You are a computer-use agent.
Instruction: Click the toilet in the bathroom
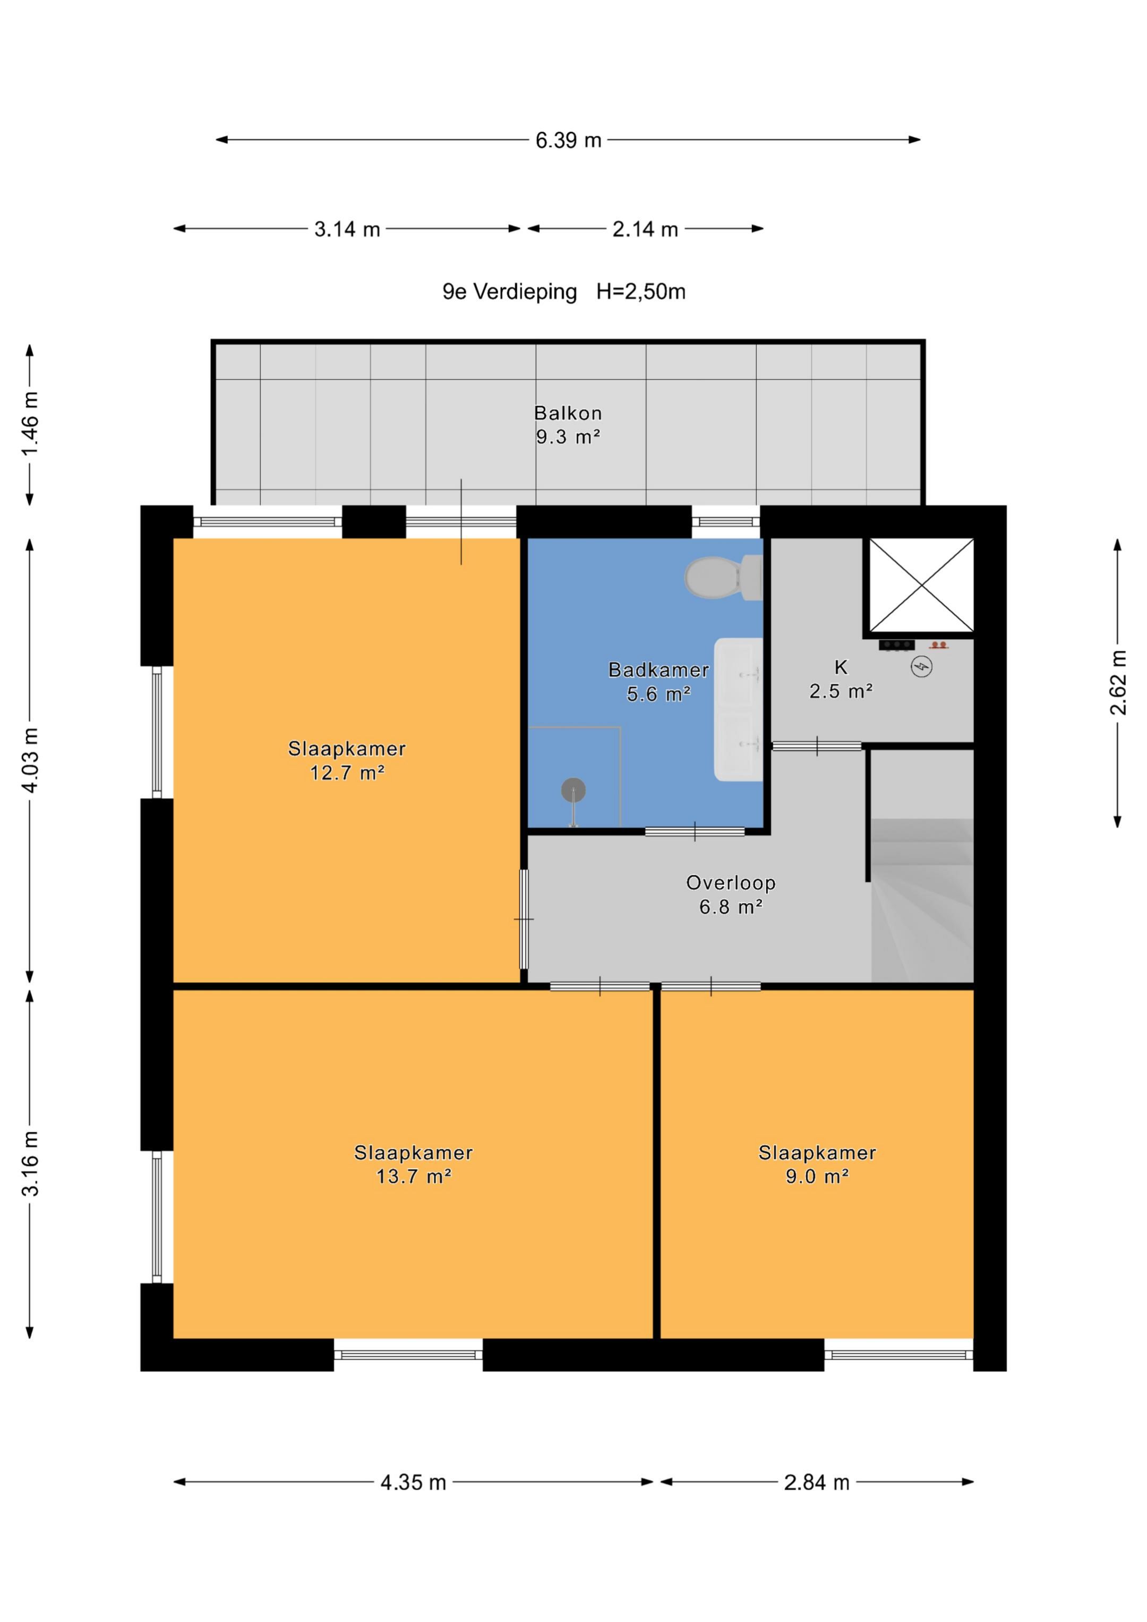pyautogui.click(x=723, y=577)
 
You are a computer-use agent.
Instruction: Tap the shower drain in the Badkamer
pyautogui.click(x=573, y=790)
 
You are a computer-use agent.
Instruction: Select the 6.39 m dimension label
pyautogui.click(x=568, y=140)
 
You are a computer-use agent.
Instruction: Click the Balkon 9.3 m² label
pyautogui.click(x=568, y=425)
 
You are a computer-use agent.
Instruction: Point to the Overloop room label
pyautogui.click(x=731, y=895)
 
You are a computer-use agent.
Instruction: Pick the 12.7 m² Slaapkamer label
pyautogui.click(x=347, y=760)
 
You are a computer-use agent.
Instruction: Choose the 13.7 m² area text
pyautogui.click(x=414, y=1176)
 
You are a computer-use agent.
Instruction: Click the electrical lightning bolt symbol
pyautogui.click(x=921, y=666)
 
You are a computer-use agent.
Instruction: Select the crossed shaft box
pyautogui.click(x=921, y=585)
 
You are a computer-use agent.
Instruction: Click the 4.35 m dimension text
pyautogui.click(x=414, y=1482)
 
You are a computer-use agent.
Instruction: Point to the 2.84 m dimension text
pyautogui.click(x=817, y=1482)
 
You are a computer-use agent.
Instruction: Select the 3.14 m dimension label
pyautogui.click(x=347, y=229)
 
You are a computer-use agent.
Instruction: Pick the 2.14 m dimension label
pyautogui.click(x=645, y=229)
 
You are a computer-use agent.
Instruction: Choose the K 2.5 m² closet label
pyautogui.click(x=841, y=679)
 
